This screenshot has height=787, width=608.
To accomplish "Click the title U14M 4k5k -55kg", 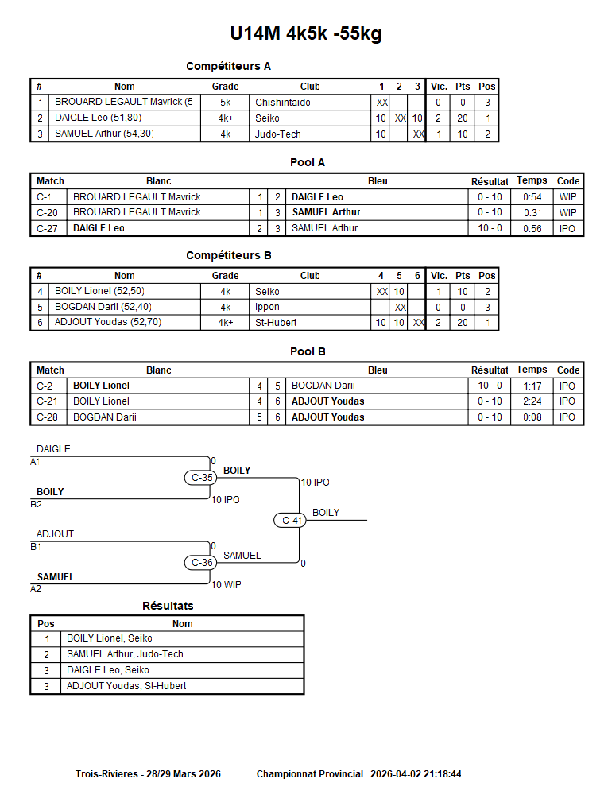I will tap(306, 34).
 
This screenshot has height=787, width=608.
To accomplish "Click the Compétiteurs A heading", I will tap(228, 66).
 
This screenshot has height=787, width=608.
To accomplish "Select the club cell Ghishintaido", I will tap(283, 103).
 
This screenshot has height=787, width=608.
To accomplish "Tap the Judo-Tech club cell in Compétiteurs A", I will tap(278, 134).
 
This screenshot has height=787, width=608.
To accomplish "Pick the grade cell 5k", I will tap(226, 103).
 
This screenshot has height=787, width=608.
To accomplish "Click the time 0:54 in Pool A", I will tap(532, 197).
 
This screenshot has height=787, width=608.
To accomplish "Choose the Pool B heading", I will tap(308, 351).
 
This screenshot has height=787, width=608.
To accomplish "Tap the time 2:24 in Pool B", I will tap(532, 401).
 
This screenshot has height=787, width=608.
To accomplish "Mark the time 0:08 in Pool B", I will tap(532, 417).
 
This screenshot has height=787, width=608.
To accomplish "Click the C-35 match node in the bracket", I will tap(202, 478).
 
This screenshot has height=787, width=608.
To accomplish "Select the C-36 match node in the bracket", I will tap(202, 563).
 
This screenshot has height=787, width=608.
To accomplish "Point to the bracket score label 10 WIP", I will tap(226, 585).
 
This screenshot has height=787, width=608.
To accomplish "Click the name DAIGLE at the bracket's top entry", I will tap(53, 449).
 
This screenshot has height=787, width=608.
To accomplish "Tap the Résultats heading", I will tap(168, 606).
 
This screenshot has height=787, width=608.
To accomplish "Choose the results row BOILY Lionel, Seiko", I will tap(110, 638).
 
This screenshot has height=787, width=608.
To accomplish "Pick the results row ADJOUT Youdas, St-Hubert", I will tap(126, 686).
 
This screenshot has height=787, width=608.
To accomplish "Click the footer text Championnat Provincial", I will tap(310, 774).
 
